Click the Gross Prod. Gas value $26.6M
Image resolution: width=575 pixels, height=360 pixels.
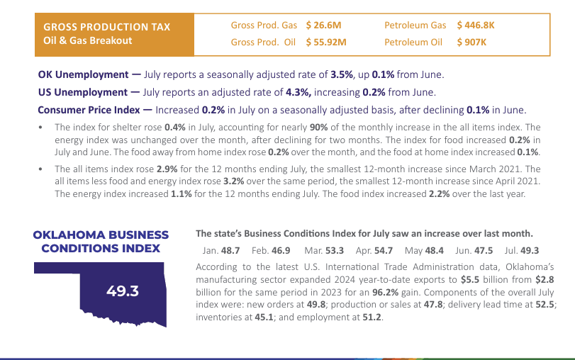click(x=324, y=26)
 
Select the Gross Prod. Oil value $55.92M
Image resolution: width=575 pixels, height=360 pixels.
click(x=326, y=42)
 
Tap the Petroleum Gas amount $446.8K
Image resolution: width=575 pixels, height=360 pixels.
click(x=476, y=26)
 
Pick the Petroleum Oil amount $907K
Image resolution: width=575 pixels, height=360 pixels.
click(x=471, y=42)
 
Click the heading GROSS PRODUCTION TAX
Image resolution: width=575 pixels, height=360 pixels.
click(x=107, y=27)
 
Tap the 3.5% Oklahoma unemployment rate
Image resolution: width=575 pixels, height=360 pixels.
click(x=342, y=74)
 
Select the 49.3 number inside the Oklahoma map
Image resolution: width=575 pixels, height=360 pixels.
click(x=122, y=291)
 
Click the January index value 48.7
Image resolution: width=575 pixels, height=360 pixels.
click(x=231, y=250)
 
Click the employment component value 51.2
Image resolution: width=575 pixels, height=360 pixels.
click(x=372, y=317)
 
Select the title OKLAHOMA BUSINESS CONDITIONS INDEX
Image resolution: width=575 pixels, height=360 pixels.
click(x=101, y=241)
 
